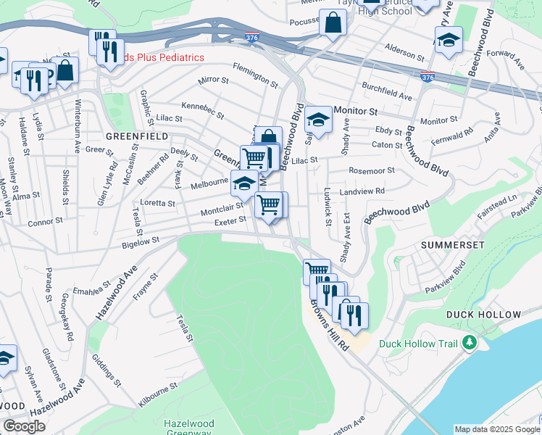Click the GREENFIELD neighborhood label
pos(137,136)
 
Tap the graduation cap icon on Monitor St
pos(318,118)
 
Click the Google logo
pos(25,426)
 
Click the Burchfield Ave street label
pos(387,93)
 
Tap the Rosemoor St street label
pos(370,171)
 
